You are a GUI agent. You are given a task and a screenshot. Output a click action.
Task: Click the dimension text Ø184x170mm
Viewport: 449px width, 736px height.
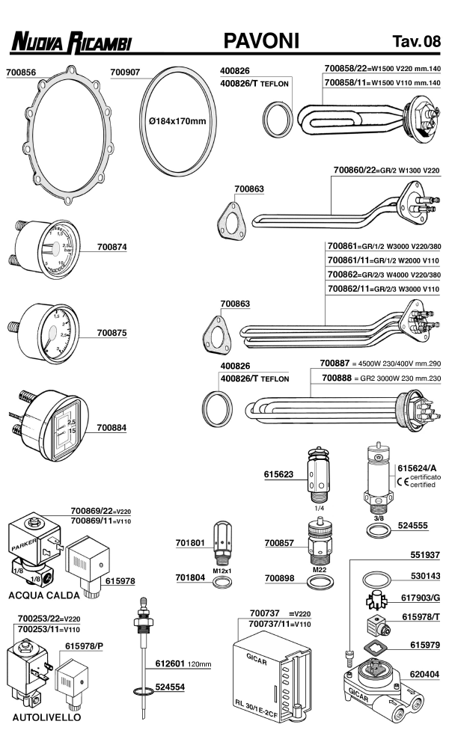(177, 121)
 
